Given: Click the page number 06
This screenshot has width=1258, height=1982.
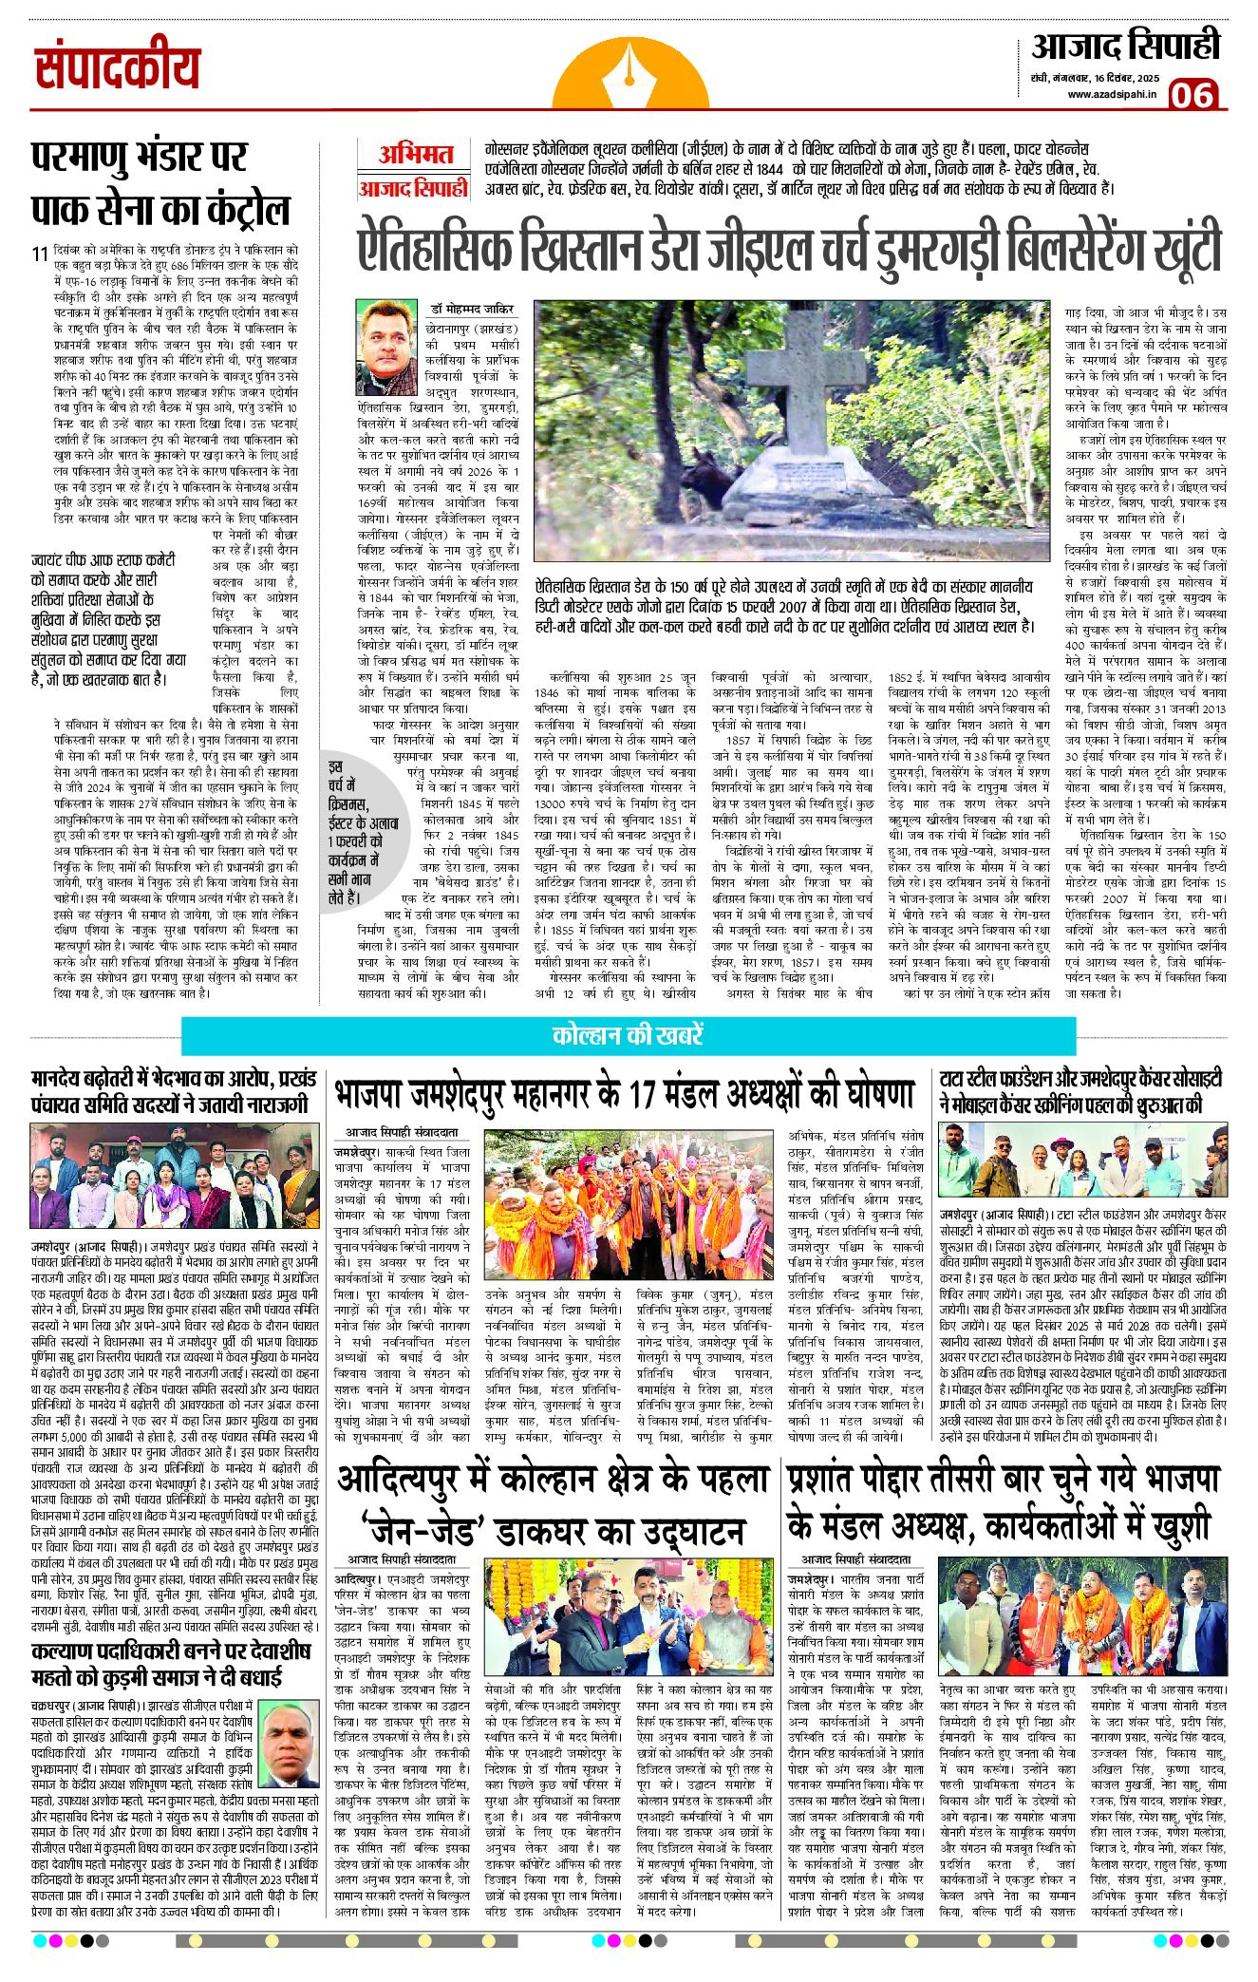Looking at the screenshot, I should coord(1193,96).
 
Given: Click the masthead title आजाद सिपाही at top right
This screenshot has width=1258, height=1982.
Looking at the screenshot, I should coord(1125,47).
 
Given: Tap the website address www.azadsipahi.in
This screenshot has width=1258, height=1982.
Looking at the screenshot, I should coord(1112,94).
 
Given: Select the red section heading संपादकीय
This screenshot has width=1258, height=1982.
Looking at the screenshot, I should coord(118,68).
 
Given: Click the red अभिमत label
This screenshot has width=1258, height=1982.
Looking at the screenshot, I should coord(415,155).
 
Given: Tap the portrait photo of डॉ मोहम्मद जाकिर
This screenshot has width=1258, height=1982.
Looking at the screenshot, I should coord(387,348).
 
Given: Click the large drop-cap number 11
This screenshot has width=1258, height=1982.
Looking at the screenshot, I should coord(39,255).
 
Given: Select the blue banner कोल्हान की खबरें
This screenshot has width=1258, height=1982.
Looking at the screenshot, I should coord(628,1034).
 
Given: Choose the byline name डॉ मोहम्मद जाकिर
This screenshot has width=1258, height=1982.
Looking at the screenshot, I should coord(471,309).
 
